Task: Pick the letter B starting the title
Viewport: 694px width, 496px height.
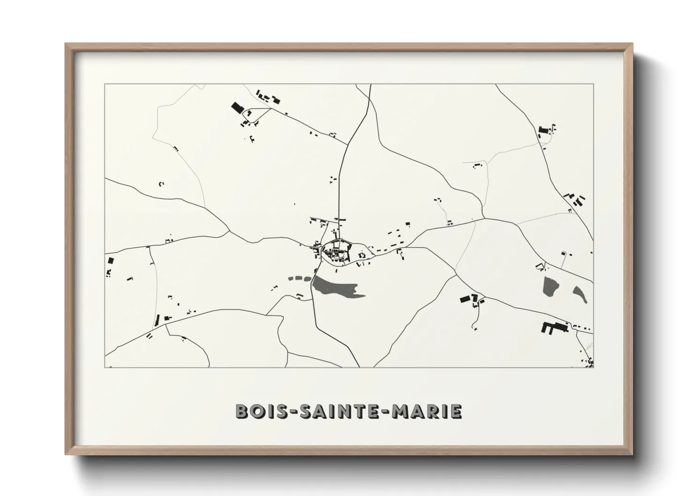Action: pos(242,411)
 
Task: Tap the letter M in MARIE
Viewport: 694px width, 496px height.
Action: pos(407,411)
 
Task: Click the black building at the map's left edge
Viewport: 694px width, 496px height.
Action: pos(111,260)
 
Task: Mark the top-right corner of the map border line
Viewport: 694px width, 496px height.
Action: pos(593,84)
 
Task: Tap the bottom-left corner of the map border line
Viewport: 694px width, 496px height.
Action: pos(105,367)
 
